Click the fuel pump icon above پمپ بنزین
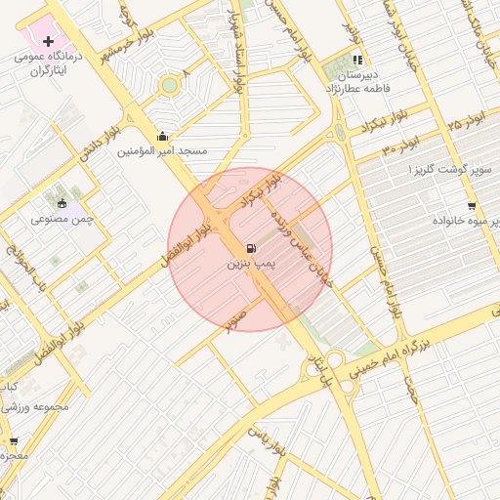tap(253, 248)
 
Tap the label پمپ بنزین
tap(253, 264)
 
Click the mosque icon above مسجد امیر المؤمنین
tap(162, 136)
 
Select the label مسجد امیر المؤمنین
tap(162, 151)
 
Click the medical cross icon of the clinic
tap(49, 42)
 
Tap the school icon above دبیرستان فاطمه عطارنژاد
tap(357, 60)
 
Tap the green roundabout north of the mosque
tap(170, 86)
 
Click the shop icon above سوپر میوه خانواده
tap(472, 206)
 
